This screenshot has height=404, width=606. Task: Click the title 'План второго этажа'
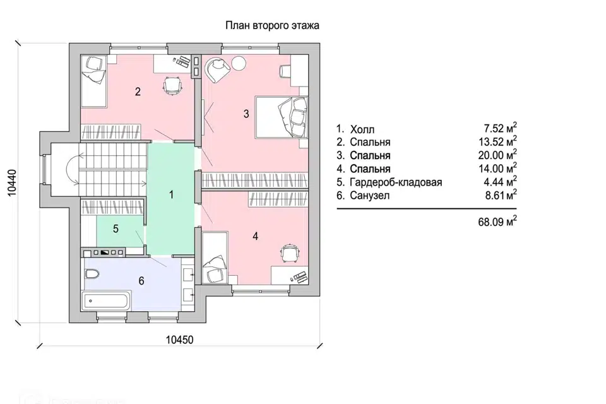[272, 26]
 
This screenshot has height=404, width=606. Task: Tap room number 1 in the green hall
[172, 194]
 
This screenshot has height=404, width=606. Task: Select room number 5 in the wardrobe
[116, 229]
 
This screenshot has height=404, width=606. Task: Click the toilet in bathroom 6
[92, 274]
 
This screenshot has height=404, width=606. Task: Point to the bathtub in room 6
[105, 300]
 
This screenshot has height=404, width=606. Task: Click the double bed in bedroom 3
[282, 117]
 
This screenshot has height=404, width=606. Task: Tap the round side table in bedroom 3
[239, 63]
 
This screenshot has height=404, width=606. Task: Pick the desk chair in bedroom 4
[290, 253]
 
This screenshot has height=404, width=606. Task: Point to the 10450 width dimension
[180, 340]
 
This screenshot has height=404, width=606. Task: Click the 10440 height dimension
[13, 183]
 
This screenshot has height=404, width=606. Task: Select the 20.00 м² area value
[498, 155]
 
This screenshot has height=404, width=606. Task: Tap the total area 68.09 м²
[498, 222]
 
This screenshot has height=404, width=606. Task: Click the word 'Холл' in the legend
[362, 129]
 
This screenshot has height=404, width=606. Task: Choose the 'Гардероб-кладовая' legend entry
[396, 182]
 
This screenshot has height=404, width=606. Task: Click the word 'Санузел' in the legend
[370, 195]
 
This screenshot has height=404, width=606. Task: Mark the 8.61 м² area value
[501, 195]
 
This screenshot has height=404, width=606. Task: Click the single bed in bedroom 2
[93, 81]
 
